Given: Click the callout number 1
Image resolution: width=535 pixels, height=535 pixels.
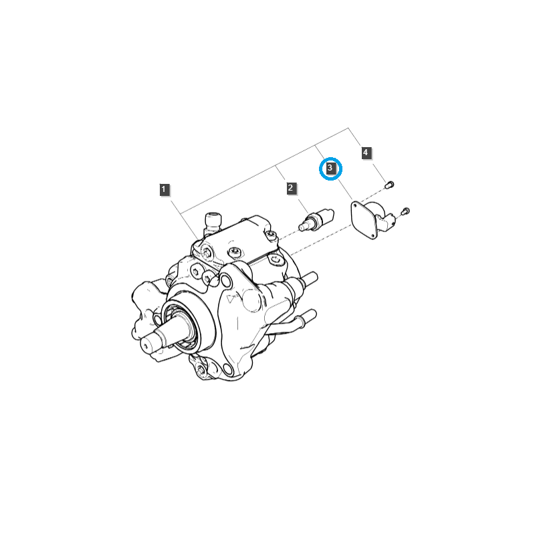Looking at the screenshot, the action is point(165,189).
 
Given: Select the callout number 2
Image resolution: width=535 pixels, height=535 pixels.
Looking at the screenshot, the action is point(291,188).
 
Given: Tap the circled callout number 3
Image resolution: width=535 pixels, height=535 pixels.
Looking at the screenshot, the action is point(330,169).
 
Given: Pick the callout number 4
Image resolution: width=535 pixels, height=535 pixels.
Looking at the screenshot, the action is point(366,153).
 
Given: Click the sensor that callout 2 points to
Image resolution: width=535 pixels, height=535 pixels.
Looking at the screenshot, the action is point(316,221).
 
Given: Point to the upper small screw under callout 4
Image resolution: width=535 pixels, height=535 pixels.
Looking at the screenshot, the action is point(389,185).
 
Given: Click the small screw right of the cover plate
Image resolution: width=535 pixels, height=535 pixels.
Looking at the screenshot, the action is point(405,211).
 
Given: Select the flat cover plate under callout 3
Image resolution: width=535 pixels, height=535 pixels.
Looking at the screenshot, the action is point(363,220).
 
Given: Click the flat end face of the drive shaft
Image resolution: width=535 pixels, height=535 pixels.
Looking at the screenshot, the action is point(146,346).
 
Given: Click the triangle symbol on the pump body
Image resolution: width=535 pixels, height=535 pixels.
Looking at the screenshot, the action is point(231,299).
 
